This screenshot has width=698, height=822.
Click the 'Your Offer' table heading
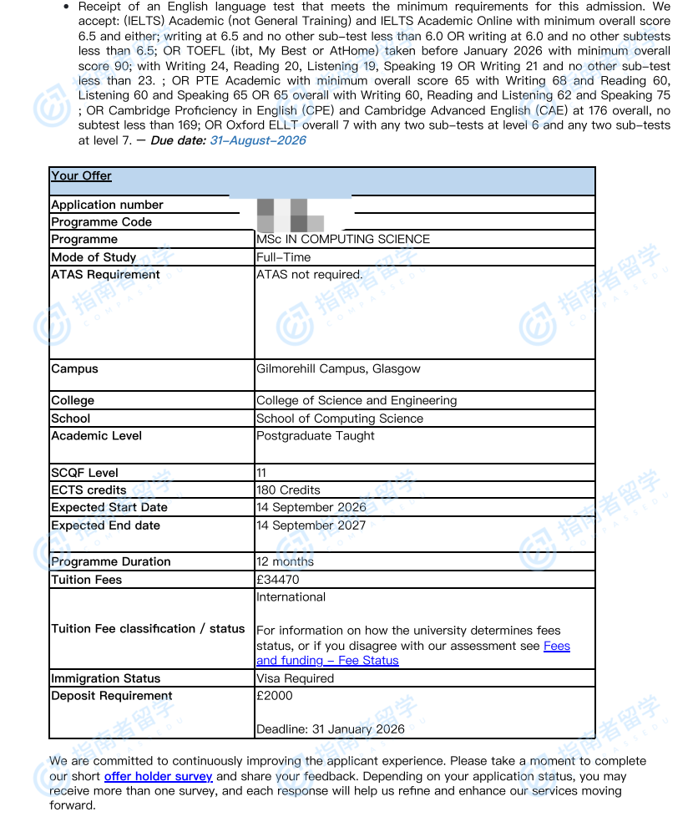pos(81,175)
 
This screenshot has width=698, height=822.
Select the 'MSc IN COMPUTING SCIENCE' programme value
pos(343,239)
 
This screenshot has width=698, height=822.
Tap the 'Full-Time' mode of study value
pos(283,257)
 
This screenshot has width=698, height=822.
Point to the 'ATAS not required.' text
pos(309,274)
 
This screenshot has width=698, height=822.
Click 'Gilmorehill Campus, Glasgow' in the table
pos(338,368)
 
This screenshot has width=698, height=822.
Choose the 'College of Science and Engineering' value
pos(357,400)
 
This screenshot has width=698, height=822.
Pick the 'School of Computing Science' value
pos(340,419)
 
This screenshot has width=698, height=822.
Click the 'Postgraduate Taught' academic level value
pos(316,435)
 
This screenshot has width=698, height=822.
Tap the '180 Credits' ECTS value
pos(288,490)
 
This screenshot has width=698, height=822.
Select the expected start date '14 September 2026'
pos(311,507)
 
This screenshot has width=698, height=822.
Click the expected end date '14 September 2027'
pos(311,525)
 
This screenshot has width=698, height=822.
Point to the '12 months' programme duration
pos(285,561)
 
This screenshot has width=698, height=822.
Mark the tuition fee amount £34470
pos(277,580)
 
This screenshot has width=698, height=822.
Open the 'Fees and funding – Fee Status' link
pos(327,660)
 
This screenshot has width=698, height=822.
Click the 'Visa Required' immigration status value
pos(295,678)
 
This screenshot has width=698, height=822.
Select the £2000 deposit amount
pos(275,695)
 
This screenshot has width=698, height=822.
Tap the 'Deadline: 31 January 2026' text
pos(331,728)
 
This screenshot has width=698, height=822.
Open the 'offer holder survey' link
pos(159,776)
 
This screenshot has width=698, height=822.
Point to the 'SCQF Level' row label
pos(84,473)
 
